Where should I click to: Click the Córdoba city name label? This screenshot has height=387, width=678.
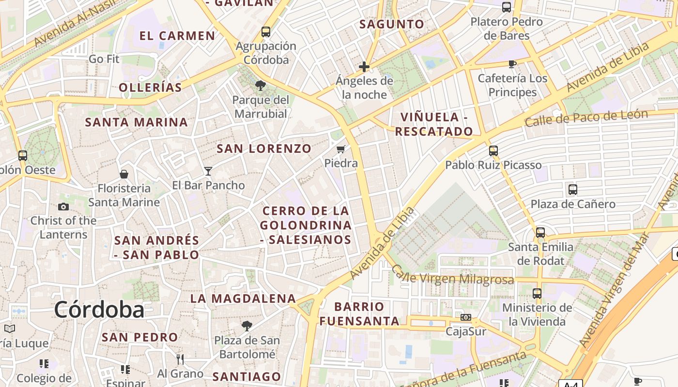(x=99, y=310)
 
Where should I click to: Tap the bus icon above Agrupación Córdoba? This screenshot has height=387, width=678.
(x=265, y=32)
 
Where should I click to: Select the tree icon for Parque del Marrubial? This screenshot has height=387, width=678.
(x=260, y=86)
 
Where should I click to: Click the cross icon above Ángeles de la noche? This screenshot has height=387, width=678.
(x=364, y=67)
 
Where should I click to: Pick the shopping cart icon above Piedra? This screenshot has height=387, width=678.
(x=341, y=149)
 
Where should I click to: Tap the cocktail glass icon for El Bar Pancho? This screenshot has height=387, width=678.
(x=208, y=171)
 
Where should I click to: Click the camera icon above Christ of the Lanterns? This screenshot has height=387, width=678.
(x=63, y=207)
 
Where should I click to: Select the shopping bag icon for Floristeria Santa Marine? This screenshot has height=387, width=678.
(x=124, y=174)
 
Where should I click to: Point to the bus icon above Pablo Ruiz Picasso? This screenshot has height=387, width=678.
(x=493, y=151)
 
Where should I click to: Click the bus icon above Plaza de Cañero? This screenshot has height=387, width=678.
(x=572, y=190)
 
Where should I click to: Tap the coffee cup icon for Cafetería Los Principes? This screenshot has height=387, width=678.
(x=512, y=64)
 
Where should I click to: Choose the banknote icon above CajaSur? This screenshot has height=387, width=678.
(x=466, y=317)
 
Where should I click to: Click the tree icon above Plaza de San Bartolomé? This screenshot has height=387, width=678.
(x=247, y=326)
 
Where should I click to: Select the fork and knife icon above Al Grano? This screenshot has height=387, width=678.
(x=180, y=359)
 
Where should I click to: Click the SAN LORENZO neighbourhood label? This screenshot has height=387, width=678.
(x=264, y=149)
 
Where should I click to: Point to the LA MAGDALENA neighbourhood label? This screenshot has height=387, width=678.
(x=243, y=298)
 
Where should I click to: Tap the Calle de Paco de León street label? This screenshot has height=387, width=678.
(x=586, y=118)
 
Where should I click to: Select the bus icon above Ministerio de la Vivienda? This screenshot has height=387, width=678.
(x=537, y=293)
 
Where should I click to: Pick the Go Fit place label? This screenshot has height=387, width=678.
(x=104, y=59)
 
